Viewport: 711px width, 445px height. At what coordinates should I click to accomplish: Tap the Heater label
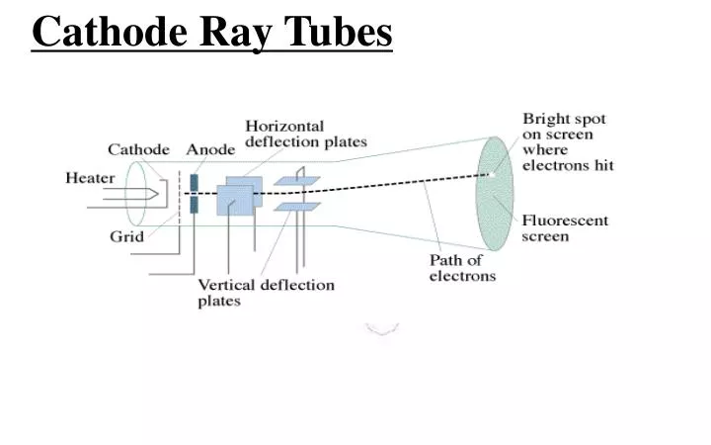90,178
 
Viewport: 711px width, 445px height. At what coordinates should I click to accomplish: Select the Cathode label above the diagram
138,149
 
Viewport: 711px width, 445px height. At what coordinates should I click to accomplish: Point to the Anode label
210,149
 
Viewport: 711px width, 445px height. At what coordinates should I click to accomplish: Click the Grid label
126,236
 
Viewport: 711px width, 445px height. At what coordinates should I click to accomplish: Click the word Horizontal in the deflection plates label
284,127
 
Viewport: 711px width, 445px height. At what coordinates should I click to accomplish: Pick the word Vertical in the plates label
226,285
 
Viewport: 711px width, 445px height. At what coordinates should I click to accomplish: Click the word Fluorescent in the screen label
565,220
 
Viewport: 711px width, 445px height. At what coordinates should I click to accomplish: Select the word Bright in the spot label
544,119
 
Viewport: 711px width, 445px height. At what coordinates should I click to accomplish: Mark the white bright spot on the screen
487,175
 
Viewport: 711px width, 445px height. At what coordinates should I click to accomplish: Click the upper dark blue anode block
195,182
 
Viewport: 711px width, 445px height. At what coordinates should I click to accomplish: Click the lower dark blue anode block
195,205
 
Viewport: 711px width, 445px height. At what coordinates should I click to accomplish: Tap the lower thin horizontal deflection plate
296,207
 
